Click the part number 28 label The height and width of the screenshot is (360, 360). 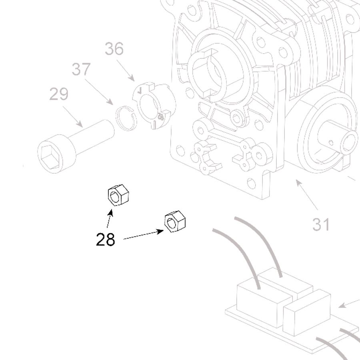click(105, 240)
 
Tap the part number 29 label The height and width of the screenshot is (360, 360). click(59, 95)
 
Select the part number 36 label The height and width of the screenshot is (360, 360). click(114, 49)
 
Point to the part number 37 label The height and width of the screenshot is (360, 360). click(81, 70)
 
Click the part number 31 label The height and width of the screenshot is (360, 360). click(321, 224)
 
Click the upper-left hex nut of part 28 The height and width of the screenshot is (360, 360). click(118, 196)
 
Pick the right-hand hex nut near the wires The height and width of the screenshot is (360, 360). click(175, 221)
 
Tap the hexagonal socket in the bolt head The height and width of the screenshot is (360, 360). click(52, 154)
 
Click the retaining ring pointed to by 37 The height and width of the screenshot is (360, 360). click(126, 118)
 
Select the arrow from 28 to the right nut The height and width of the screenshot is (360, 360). click(144, 235)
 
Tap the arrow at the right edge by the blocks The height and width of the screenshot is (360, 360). click(349, 302)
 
